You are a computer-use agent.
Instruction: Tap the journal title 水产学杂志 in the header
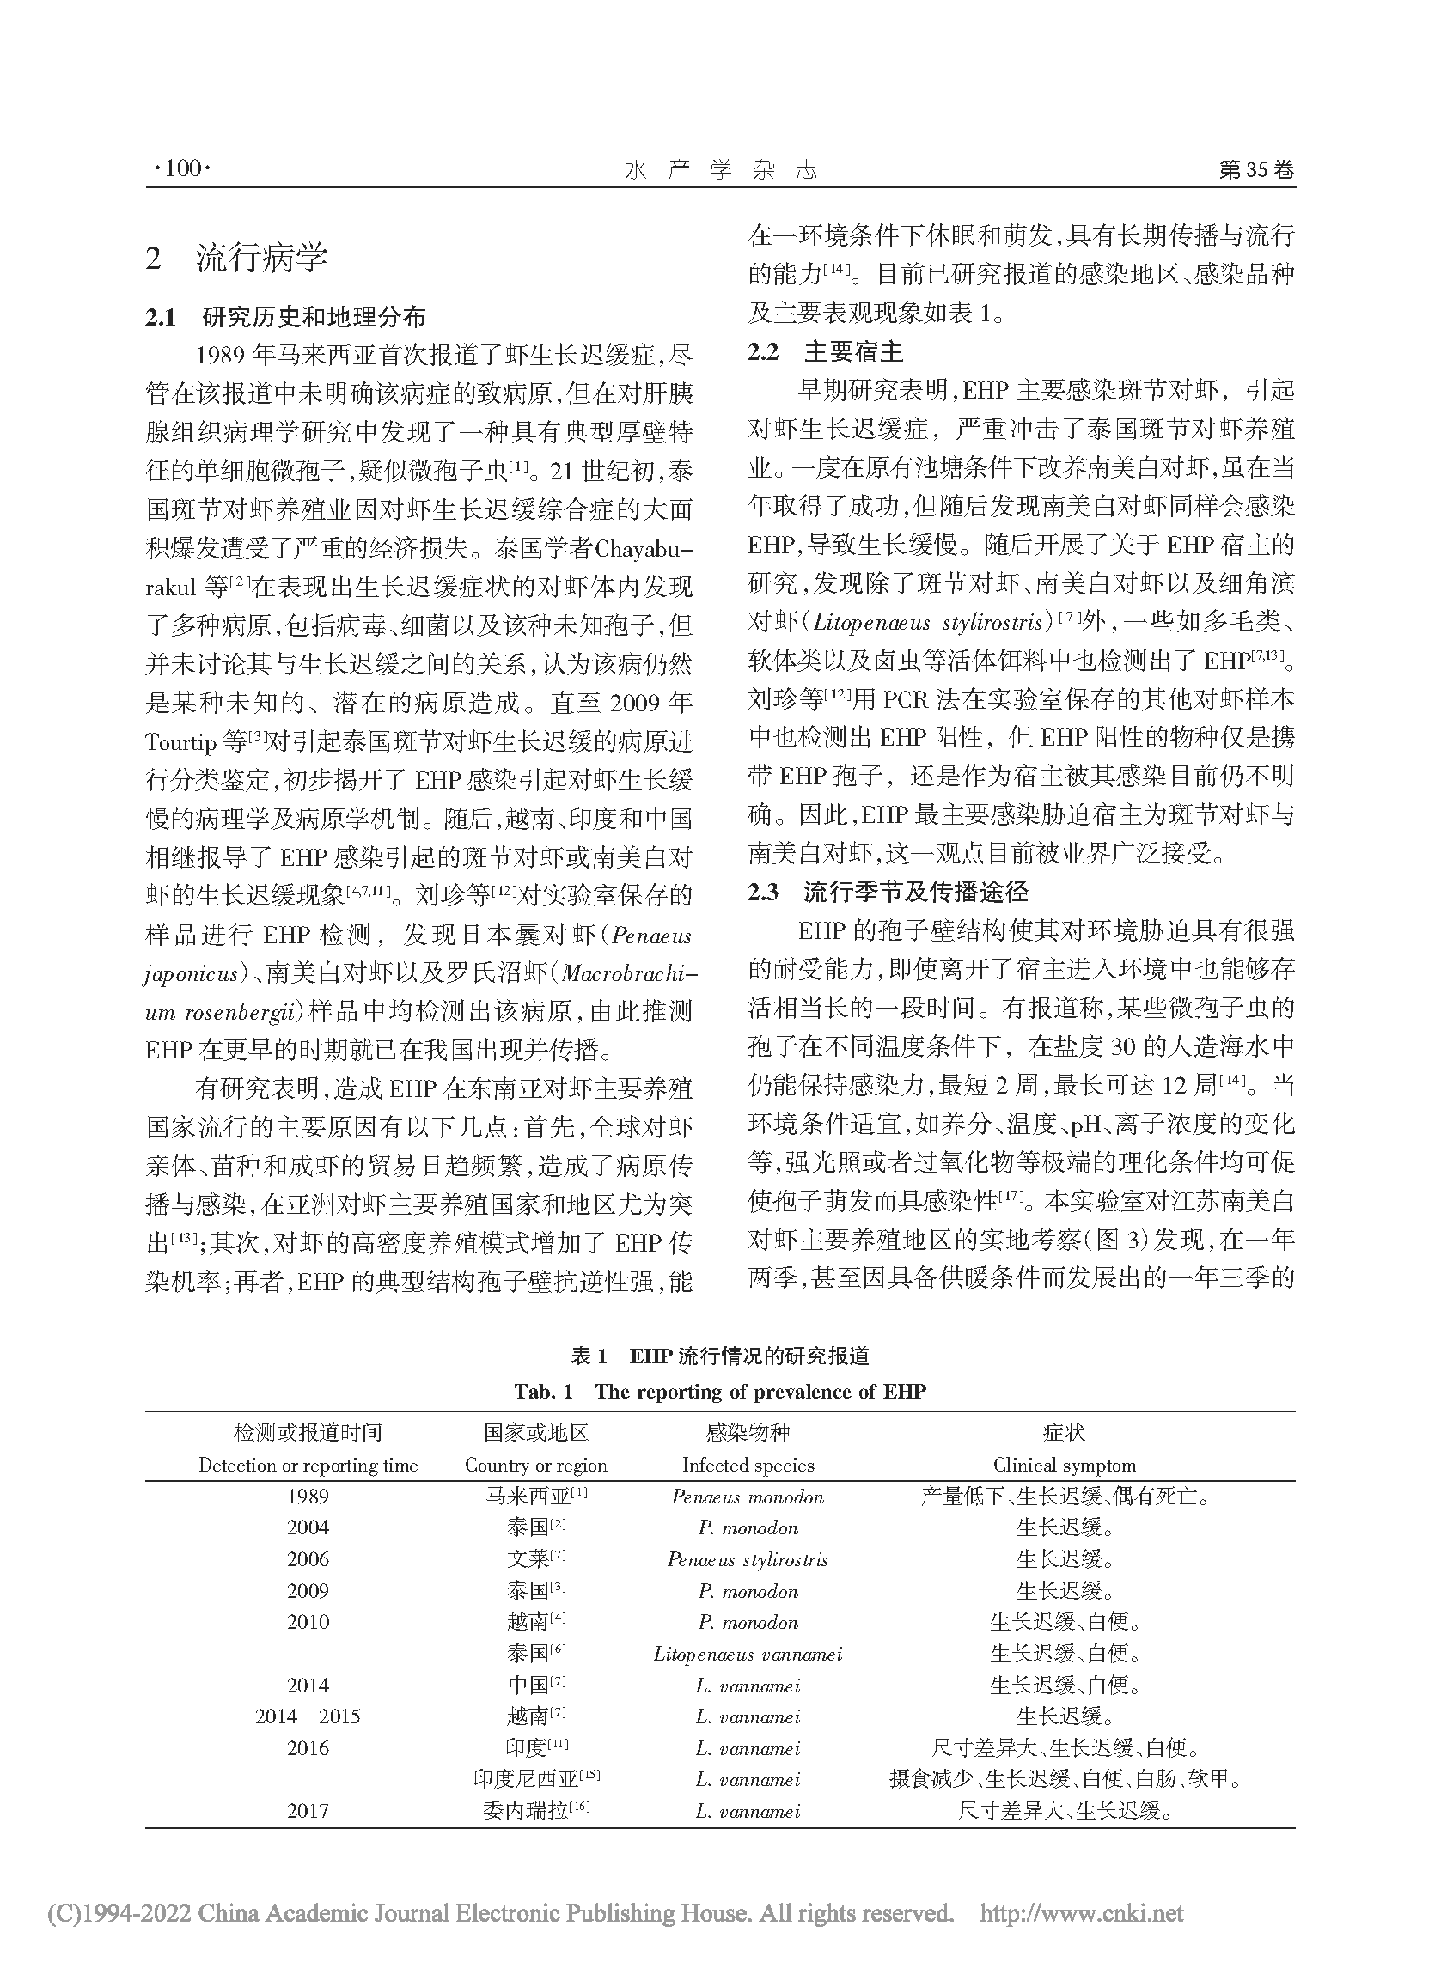click(x=722, y=170)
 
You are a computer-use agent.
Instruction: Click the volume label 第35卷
click(x=1255, y=169)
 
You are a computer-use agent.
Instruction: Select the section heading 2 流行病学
click(x=237, y=258)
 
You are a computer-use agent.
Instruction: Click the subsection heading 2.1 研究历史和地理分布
click(x=285, y=316)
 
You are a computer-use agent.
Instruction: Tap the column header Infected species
click(x=748, y=1465)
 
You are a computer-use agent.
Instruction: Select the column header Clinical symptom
click(x=1063, y=1465)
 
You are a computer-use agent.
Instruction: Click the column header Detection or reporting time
click(x=308, y=1465)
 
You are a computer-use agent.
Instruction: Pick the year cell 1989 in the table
click(x=308, y=1497)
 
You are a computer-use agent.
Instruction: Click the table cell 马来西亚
click(x=528, y=1497)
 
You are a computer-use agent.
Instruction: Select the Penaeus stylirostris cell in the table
click(x=748, y=1560)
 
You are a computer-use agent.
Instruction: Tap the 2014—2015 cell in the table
click(x=308, y=1717)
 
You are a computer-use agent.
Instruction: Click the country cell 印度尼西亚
click(x=528, y=1780)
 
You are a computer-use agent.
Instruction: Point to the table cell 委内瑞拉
click(x=528, y=1811)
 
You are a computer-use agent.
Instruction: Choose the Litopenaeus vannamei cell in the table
click(x=748, y=1655)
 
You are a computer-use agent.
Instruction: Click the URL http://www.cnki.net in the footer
click(x=1082, y=1914)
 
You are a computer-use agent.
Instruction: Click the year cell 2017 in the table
click(x=308, y=1811)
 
